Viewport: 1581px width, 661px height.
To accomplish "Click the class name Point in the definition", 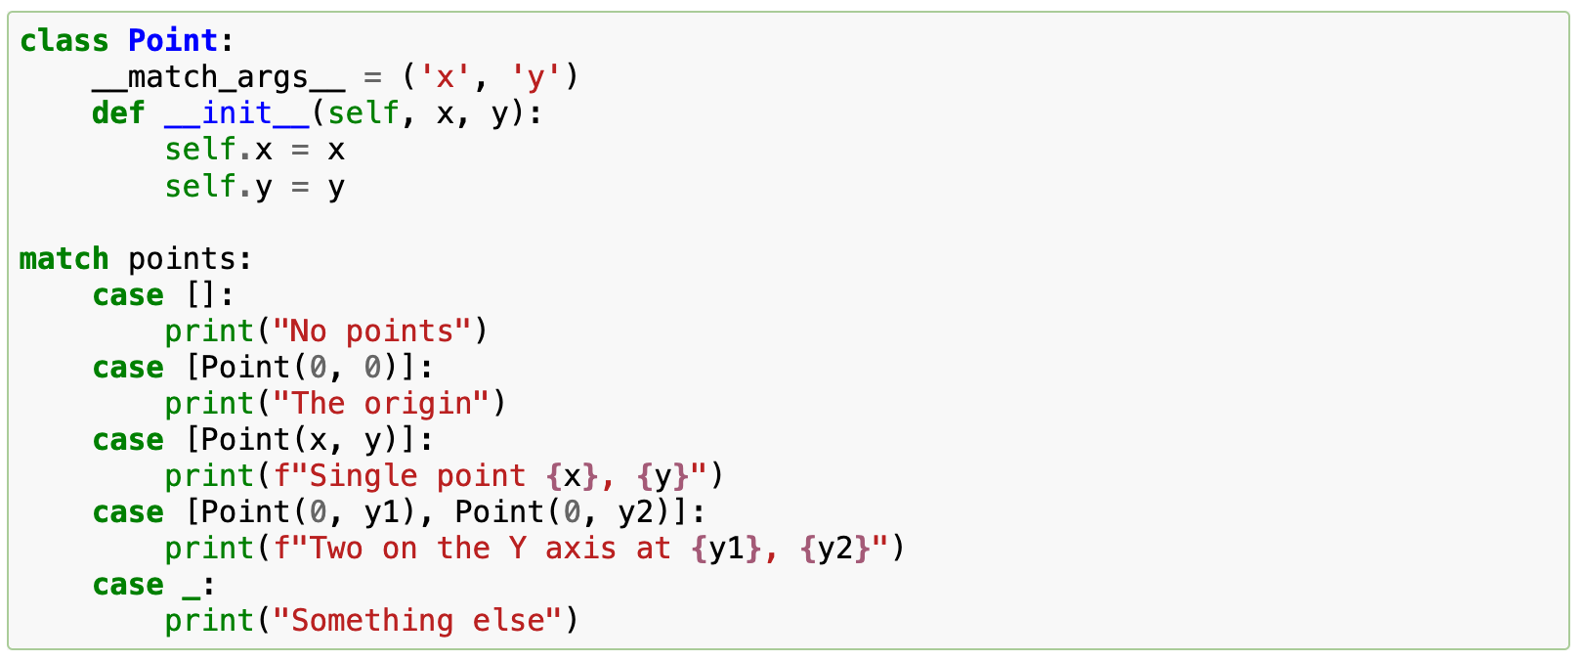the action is tap(173, 41).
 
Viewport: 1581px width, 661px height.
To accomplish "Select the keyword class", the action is tap(64, 41).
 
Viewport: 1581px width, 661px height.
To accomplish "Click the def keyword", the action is tap(118, 113).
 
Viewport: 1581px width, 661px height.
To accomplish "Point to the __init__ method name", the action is tap(236, 113).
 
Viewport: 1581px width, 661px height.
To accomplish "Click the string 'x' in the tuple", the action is tap(445, 77).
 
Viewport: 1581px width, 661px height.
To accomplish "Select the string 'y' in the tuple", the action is tap(534, 77).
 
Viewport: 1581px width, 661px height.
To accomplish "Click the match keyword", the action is tap(64, 259).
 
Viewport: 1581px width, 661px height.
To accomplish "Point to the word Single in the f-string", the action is tap(363, 476).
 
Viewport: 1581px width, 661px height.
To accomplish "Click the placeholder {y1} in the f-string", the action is tap(725, 549).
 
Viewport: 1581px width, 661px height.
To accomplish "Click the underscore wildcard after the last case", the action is tap(192, 585).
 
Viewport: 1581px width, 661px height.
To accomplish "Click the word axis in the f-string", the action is tap(580, 549).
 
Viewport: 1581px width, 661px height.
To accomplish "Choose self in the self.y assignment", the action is tap(200, 186).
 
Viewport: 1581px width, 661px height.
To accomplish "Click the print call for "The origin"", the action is tap(209, 404).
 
